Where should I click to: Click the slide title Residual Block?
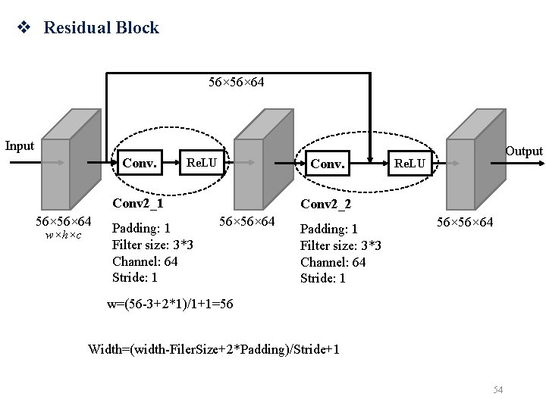coord(101,28)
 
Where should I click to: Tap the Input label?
coord(20,145)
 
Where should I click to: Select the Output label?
coord(524,151)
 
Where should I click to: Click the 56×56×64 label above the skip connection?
coord(236,81)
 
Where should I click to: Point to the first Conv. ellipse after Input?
coord(140,162)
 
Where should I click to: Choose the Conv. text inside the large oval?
coord(328,163)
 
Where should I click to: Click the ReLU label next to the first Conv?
coord(202,162)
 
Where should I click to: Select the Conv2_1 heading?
coord(138,203)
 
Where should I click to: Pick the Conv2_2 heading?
coord(326,204)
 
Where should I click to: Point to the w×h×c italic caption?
coord(64,236)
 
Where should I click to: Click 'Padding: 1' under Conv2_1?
coord(141,228)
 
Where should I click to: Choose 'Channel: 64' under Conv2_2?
coord(333,262)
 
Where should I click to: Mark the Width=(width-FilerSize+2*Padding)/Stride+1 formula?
coord(214,349)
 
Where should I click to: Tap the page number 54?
coord(498,389)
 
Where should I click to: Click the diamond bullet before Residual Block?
coord(24,29)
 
